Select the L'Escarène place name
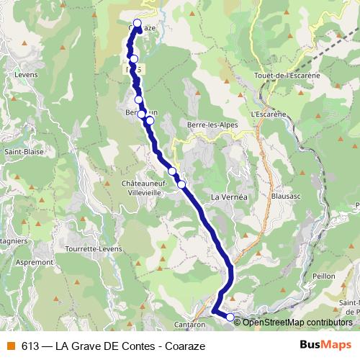[264, 114]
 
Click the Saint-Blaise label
[24, 152]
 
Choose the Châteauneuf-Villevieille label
[144, 188]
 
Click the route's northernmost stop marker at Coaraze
[138, 22]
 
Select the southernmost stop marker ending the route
[230, 317]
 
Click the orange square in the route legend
[9, 346]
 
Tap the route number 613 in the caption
[30, 346]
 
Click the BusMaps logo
[320, 345]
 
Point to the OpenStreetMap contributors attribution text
[296, 323]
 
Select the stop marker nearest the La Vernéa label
[181, 185]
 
